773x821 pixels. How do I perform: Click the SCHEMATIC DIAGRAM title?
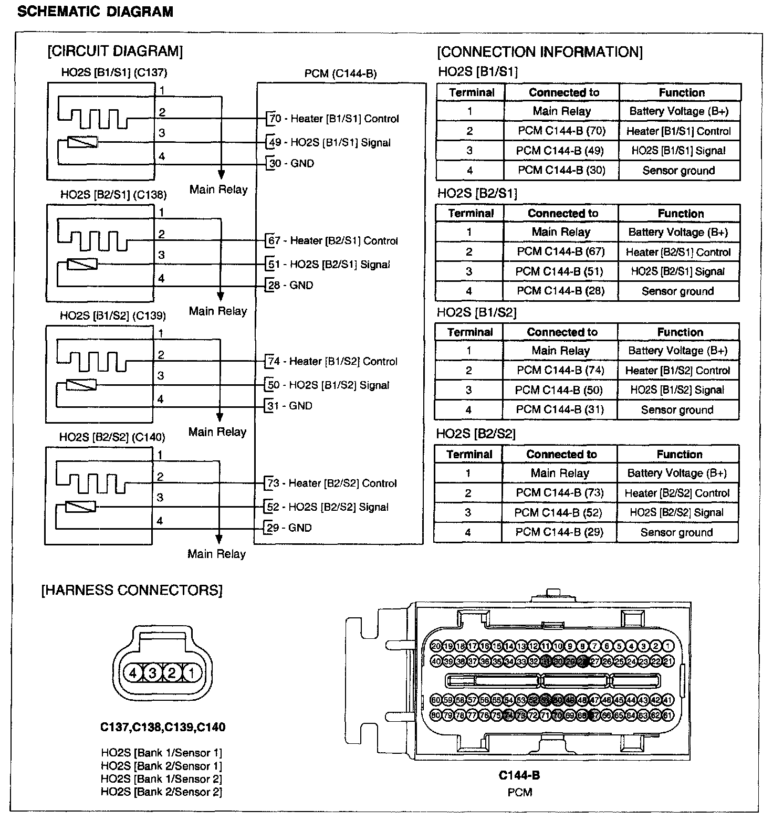click(95, 12)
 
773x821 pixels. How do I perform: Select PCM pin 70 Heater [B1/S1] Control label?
click(334, 119)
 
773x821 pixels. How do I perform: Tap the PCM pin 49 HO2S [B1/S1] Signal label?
click(329, 142)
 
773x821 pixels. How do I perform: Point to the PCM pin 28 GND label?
click(291, 285)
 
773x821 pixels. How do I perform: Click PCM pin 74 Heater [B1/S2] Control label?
click(332, 361)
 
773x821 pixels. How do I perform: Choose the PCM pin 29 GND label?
click(289, 528)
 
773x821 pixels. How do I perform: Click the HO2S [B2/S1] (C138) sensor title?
click(113, 195)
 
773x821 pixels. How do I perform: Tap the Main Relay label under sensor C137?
click(218, 190)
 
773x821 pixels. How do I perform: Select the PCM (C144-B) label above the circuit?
click(340, 73)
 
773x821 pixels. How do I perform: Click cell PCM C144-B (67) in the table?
click(560, 251)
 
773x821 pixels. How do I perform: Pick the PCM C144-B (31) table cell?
click(560, 409)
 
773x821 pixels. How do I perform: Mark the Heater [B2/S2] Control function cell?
click(677, 493)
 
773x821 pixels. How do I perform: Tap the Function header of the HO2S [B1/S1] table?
click(681, 92)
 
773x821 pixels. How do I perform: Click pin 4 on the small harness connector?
click(133, 672)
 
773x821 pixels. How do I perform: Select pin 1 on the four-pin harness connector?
click(192, 672)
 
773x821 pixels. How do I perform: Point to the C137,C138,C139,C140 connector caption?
click(163, 727)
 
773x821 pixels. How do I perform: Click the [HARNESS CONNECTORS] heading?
click(132, 590)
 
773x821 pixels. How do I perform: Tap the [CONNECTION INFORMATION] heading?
click(539, 51)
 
